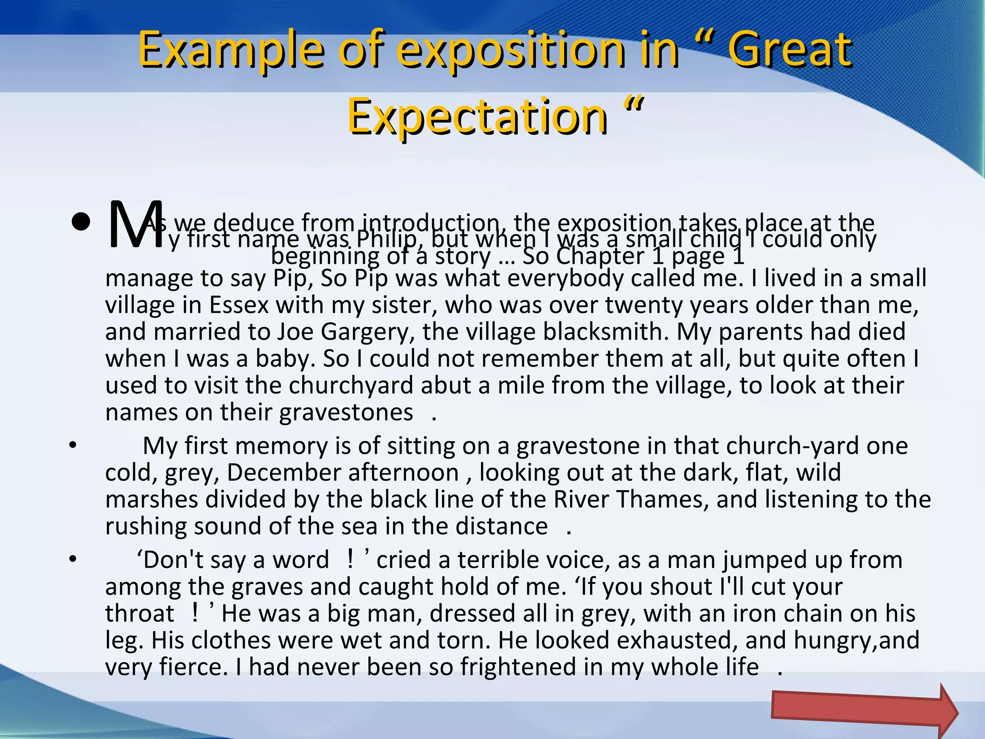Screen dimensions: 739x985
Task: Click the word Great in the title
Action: click(x=789, y=50)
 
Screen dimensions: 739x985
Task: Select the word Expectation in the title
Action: click(x=477, y=116)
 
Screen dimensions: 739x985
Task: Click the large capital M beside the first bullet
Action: click(x=135, y=225)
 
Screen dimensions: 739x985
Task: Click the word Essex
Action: click(x=239, y=305)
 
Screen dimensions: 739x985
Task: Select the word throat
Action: click(x=139, y=613)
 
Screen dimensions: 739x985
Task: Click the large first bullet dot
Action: click(x=81, y=223)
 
